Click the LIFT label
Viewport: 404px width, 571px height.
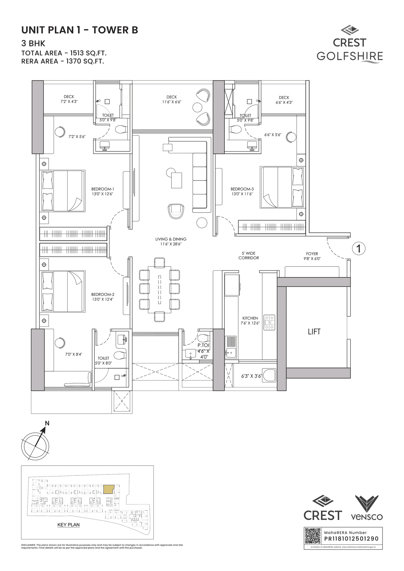point(314,332)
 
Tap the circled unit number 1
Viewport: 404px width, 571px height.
point(359,249)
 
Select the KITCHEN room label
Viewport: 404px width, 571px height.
point(250,318)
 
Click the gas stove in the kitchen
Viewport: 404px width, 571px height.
point(269,322)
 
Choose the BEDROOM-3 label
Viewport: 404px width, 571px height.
point(242,189)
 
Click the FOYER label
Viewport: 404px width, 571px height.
point(312,254)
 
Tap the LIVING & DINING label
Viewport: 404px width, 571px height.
point(171,239)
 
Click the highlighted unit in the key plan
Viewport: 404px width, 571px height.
point(108,489)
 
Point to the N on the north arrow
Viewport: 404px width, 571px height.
point(47,423)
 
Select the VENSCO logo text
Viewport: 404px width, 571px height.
point(367,517)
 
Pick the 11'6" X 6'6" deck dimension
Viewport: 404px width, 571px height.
point(172,102)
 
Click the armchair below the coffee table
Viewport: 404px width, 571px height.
point(176,211)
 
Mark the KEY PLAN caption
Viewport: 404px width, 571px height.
point(68,525)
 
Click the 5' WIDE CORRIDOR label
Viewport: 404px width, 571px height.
point(249,256)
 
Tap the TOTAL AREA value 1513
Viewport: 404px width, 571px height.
point(79,53)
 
